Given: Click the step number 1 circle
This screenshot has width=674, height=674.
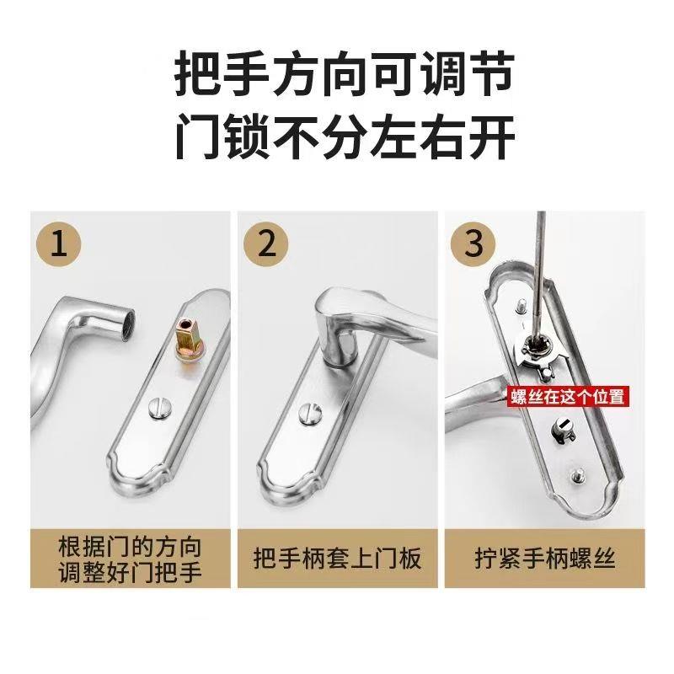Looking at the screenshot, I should pyautogui.click(x=59, y=243).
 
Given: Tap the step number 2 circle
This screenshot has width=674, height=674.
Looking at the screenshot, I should pyautogui.click(x=266, y=243).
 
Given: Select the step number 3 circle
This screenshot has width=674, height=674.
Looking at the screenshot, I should pyautogui.click(x=474, y=243).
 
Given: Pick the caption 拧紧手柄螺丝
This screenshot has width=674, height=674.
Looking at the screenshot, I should pyautogui.click(x=545, y=559).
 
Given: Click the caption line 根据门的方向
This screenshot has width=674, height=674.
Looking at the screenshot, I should pyautogui.click(x=131, y=543).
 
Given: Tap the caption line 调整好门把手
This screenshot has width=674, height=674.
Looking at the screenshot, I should pyautogui.click(x=131, y=573).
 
